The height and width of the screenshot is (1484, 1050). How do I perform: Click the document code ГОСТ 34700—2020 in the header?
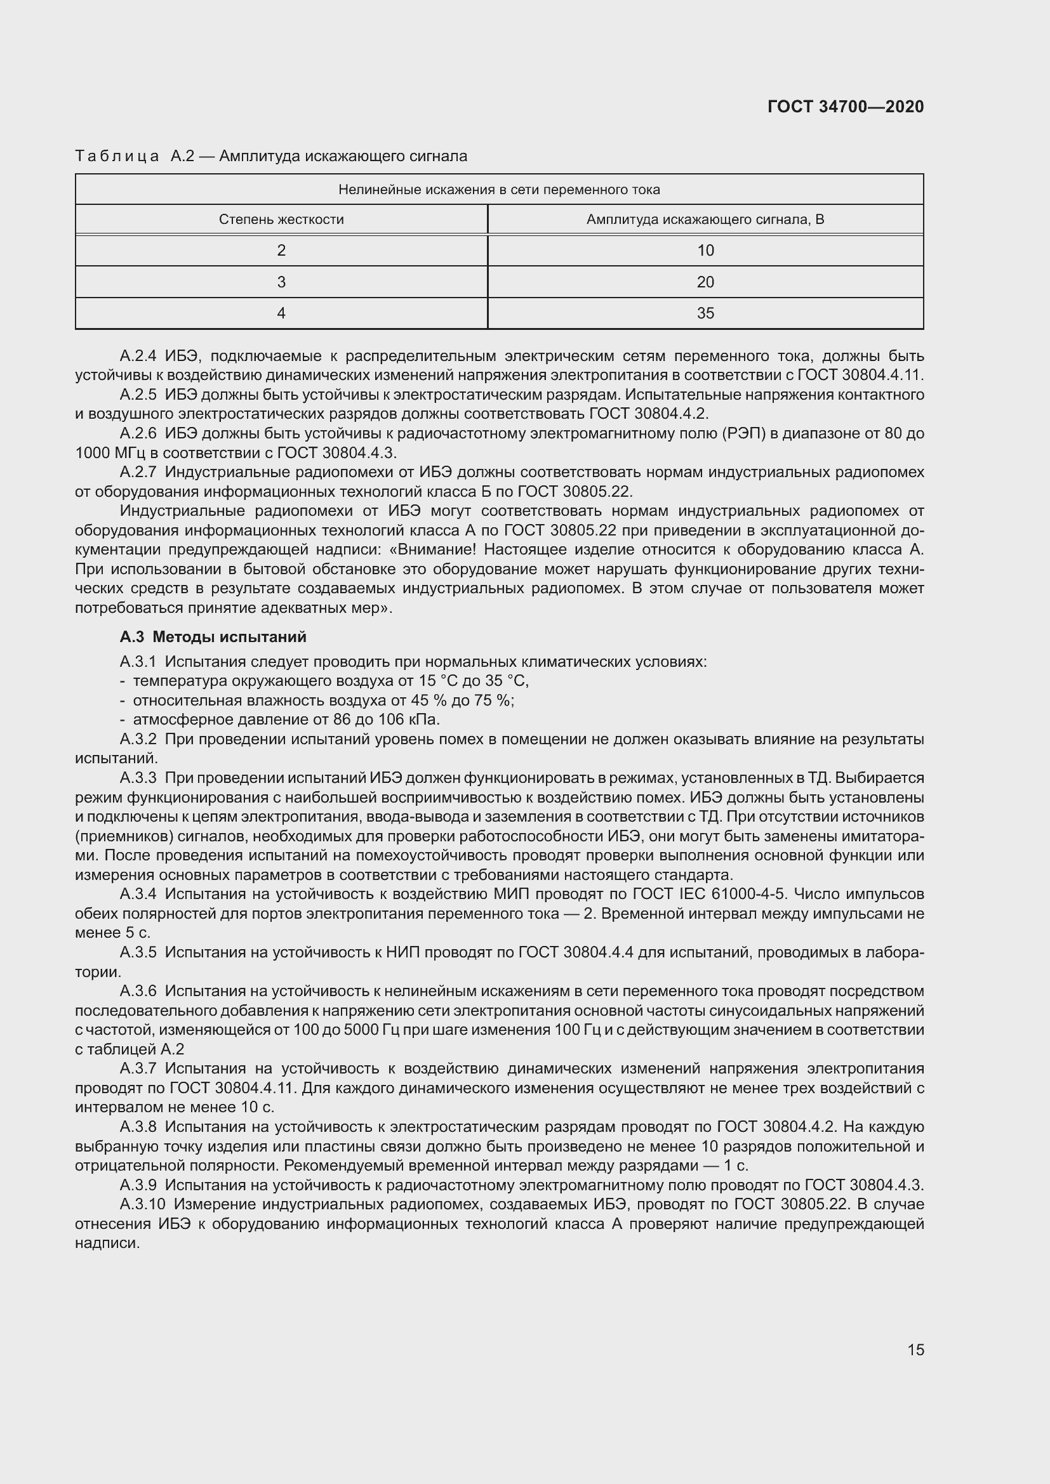845,107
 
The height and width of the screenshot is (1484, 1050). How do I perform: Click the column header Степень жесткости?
281,220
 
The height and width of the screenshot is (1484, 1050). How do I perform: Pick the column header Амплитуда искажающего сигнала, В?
705,220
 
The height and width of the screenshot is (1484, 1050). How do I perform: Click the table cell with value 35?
705,313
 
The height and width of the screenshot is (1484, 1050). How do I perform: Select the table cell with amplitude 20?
705,282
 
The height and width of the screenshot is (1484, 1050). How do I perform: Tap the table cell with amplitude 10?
705,251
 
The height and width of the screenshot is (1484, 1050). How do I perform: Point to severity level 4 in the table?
281,313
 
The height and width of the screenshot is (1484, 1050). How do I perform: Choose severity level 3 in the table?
281,282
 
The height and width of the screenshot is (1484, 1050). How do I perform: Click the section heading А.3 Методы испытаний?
213,637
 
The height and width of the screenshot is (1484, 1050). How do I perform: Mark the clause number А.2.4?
138,356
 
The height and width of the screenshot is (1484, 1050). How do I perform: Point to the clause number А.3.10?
142,1204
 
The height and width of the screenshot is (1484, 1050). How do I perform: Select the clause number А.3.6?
138,991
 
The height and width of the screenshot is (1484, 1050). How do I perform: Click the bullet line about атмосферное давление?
286,719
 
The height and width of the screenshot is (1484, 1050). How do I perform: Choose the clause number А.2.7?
138,473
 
